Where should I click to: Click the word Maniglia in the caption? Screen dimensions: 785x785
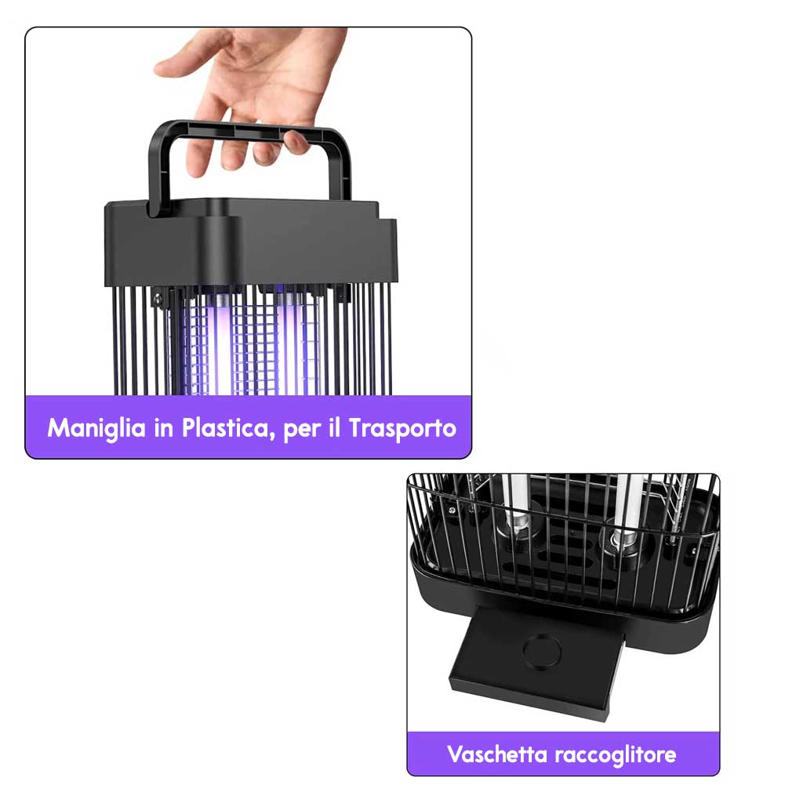pyautogui.click(x=96, y=428)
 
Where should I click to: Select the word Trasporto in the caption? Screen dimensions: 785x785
pyautogui.click(x=402, y=428)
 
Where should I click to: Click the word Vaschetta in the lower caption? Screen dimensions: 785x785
pyautogui.click(x=497, y=754)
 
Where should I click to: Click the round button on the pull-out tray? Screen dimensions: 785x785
pyautogui.click(x=542, y=651)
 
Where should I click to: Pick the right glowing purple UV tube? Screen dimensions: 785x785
pyautogui.click(x=290, y=345)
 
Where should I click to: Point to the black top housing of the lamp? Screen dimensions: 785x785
pyautogui.click(x=250, y=244)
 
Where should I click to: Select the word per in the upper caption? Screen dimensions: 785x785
pyautogui.click(x=301, y=431)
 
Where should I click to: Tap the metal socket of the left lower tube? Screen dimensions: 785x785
pyautogui.click(x=516, y=529)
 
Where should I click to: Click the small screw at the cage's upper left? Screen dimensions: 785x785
pyautogui.click(x=158, y=300)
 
